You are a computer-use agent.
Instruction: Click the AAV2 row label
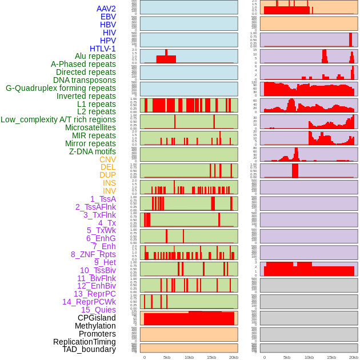pos(106,9)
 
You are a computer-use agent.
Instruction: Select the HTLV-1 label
pos(102,49)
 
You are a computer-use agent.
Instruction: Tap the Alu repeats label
pos(95,56)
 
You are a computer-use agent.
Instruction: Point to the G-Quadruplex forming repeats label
pos(61,88)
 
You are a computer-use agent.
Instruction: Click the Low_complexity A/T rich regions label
pos(58,119)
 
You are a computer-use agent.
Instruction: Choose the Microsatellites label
pos(90,127)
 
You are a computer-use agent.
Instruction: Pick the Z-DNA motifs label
pos(92,151)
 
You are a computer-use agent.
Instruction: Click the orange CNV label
pos(107,159)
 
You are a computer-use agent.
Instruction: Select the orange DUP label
pos(107,175)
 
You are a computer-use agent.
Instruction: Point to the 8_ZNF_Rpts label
pos(93,254)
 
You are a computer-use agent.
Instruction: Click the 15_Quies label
pos(98,310)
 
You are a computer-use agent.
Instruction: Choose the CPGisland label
pos(97,318)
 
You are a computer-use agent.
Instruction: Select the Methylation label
pos(95,326)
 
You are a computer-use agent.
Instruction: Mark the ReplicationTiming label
pos(84,342)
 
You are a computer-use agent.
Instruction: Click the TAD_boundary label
pos(89,349)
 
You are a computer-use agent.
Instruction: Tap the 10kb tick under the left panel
pos(189,357)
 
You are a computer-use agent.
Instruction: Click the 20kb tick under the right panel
pos(353,357)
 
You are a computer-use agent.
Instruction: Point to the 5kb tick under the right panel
pos(286,357)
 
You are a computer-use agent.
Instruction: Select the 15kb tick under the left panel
pos(211,357)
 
